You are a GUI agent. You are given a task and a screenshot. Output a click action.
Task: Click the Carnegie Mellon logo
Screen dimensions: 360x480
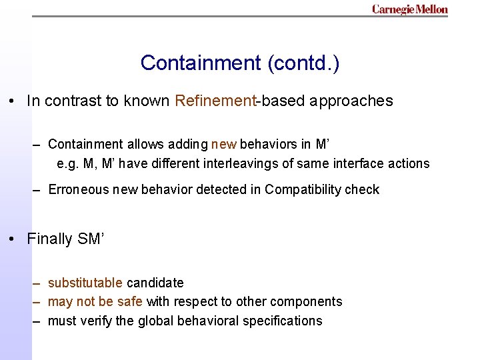[x=410, y=9]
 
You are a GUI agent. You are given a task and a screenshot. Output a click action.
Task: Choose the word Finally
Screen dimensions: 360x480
[x=51, y=239]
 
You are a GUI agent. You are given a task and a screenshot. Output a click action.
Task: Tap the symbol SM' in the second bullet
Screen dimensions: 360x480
[x=89, y=239]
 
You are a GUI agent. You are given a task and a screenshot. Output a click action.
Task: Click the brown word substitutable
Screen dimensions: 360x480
[x=85, y=283]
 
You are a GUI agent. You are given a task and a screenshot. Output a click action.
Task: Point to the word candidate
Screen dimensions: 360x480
[x=155, y=283]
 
